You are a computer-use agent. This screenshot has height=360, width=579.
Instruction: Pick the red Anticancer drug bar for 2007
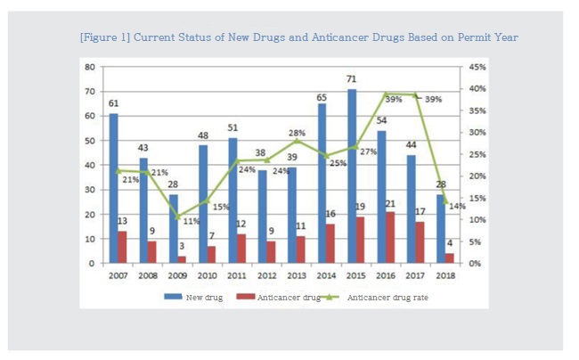tap(123, 247)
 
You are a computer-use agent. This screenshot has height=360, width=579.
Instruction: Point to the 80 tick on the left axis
tap(89, 67)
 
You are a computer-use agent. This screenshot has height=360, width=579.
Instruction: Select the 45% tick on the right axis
tap(477, 67)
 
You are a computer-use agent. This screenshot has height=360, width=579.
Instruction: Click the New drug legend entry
tap(197, 297)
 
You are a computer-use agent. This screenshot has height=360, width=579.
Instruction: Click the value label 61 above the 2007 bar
tap(114, 103)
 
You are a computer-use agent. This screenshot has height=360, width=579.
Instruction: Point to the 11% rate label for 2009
tap(191, 220)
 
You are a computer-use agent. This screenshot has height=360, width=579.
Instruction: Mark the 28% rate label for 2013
tap(296, 133)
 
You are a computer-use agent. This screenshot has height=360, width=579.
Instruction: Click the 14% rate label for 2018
tap(457, 206)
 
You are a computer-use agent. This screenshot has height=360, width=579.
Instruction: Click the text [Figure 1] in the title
tap(104, 37)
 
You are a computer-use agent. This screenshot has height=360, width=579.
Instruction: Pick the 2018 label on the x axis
tap(444, 276)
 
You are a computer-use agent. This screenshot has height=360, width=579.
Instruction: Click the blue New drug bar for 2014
tap(322, 184)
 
